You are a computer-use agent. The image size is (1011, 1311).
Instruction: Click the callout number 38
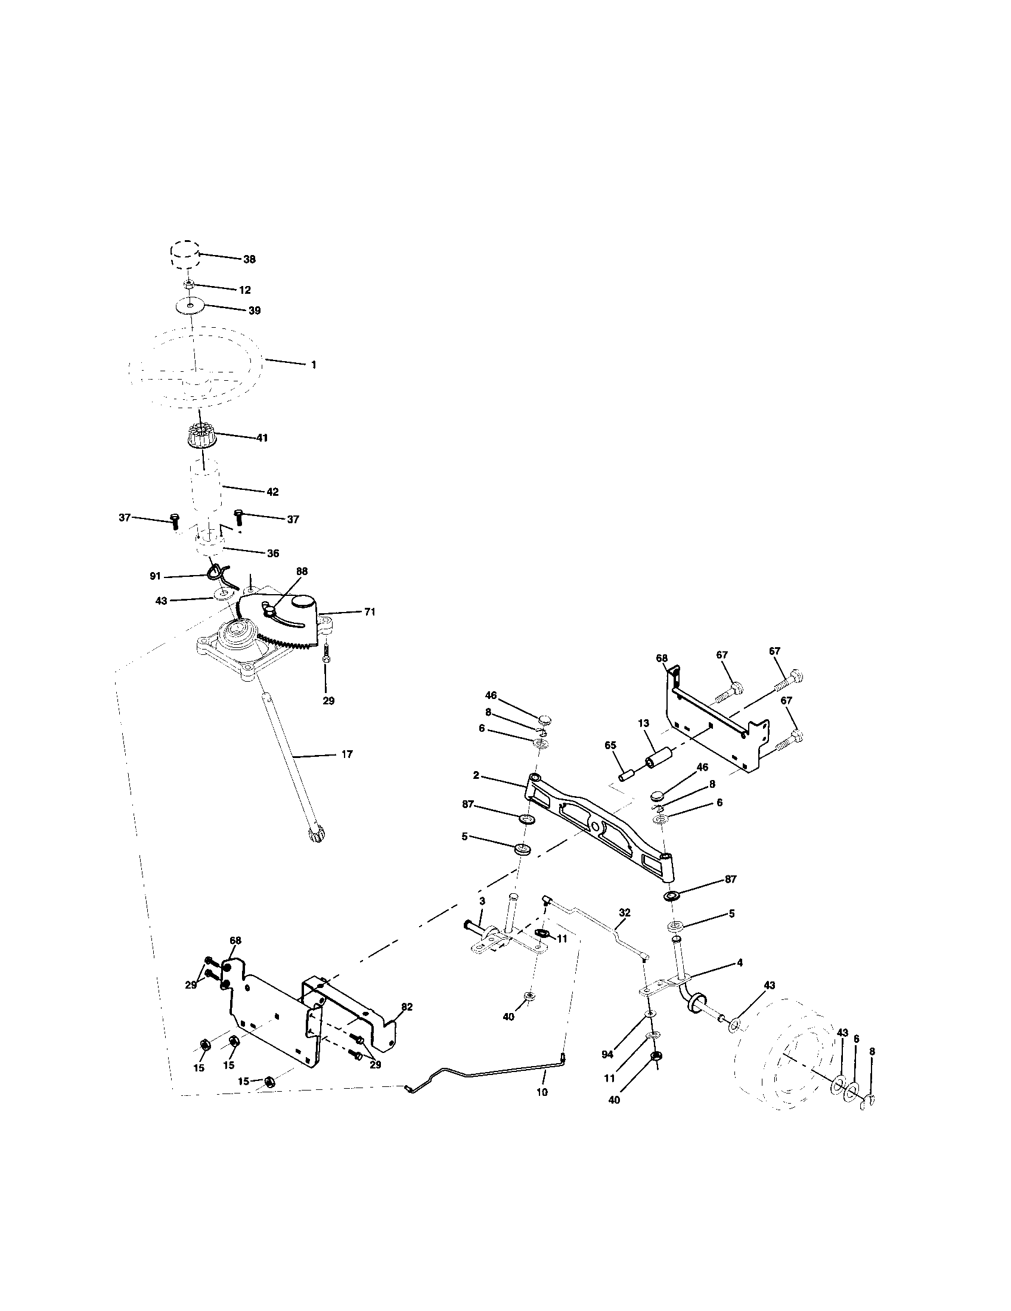(249, 259)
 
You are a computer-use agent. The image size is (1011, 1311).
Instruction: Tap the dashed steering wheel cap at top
(184, 256)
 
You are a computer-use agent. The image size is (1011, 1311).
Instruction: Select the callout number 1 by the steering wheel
(313, 364)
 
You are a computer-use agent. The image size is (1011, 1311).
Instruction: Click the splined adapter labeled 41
(201, 434)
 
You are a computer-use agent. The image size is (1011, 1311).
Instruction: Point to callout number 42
(272, 492)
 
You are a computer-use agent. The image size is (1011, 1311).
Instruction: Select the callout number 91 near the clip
(156, 576)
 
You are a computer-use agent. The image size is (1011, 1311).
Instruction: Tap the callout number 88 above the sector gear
(302, 571)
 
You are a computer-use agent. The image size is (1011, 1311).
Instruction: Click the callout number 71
(369, 611)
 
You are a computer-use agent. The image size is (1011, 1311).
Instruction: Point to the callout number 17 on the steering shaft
(346, 754)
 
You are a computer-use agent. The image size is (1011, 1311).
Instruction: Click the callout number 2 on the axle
(476, 775)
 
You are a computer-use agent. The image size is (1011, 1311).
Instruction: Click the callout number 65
(610, 745)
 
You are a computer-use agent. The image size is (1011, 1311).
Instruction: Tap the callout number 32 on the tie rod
(624, 912)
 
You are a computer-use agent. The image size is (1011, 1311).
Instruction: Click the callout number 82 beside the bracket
(407, 1007)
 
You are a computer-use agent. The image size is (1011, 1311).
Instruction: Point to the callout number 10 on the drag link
(541, 1092)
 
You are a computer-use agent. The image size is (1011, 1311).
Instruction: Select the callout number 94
(607, 1054)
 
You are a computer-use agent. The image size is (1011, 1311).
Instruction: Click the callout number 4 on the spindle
(739, 962)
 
